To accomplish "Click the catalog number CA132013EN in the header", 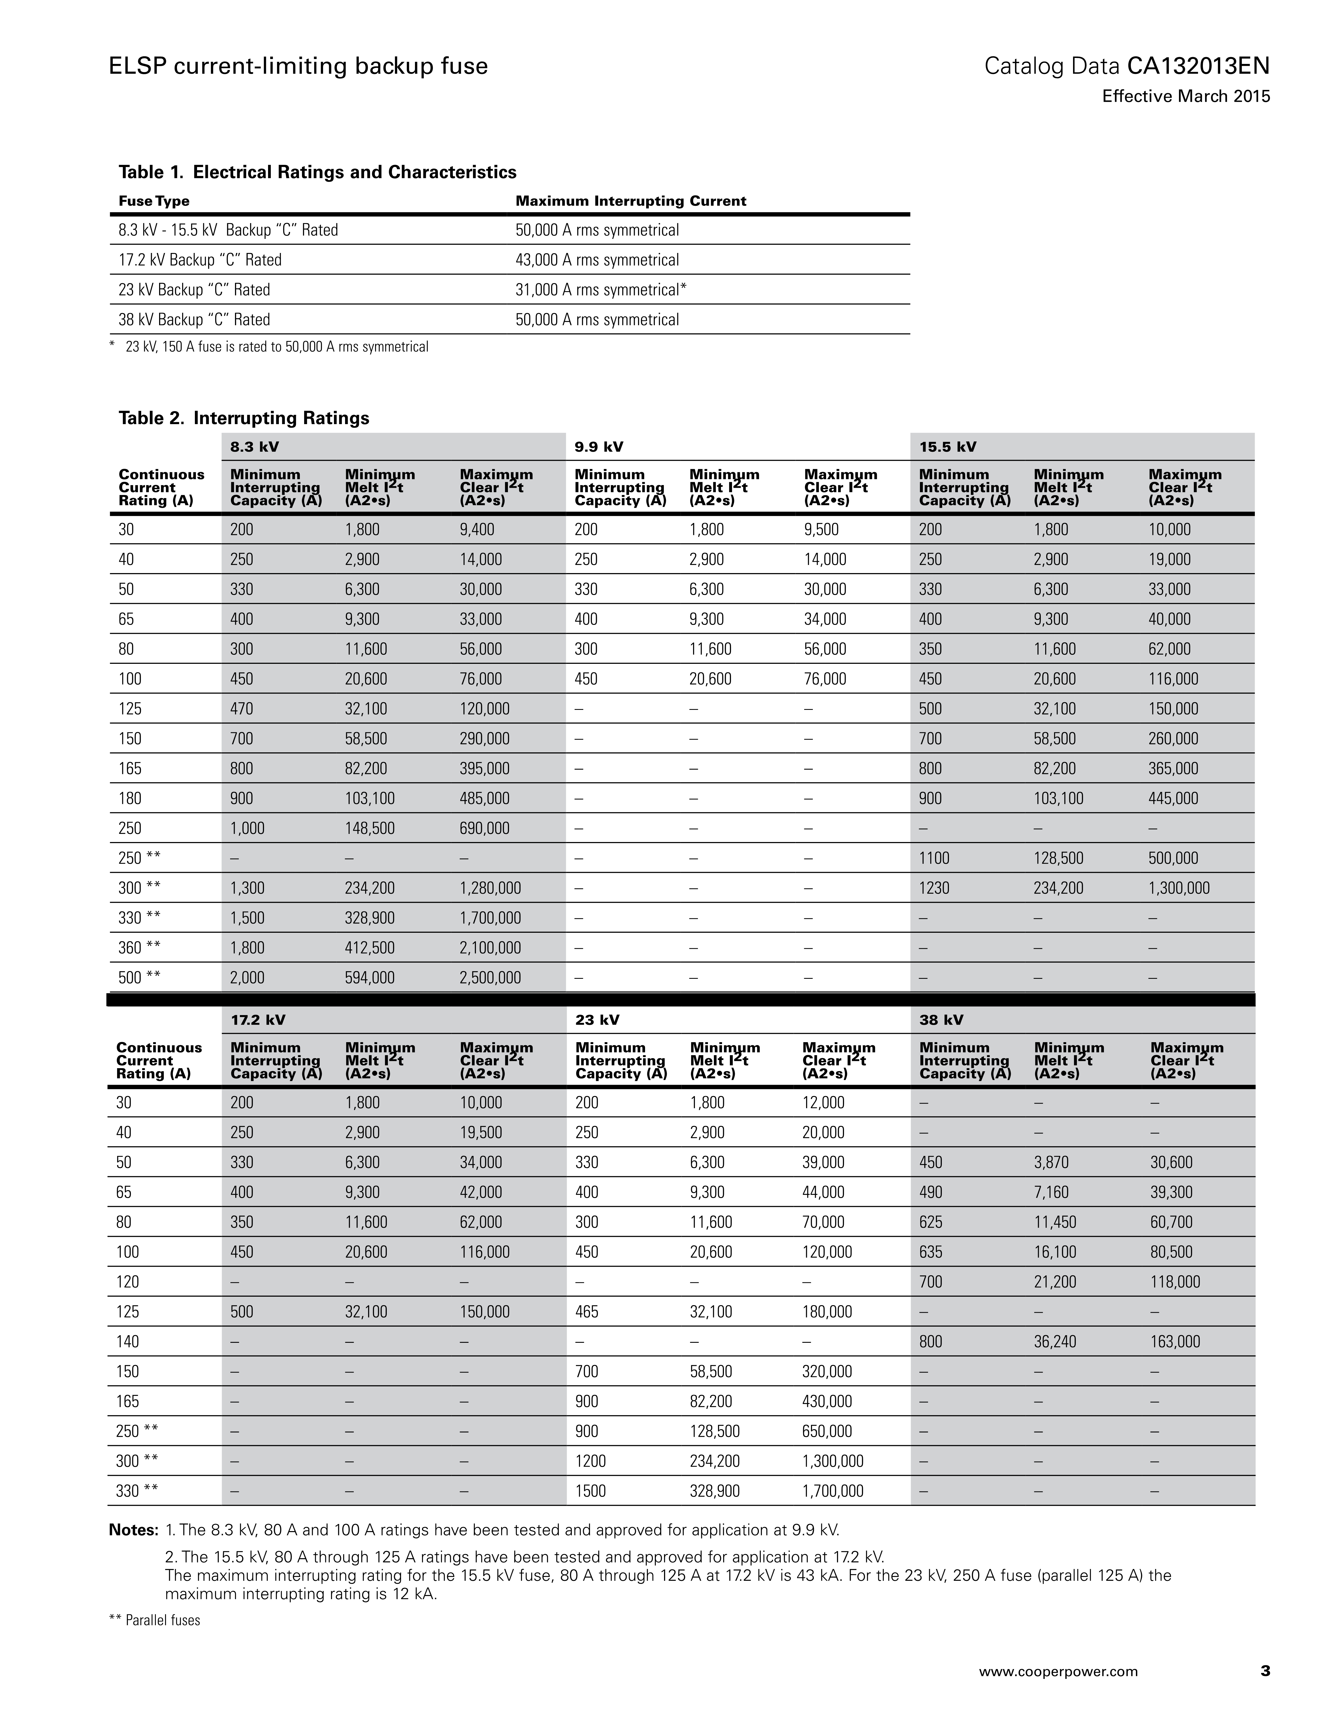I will [1198, 66].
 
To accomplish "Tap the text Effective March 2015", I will [1186, 97].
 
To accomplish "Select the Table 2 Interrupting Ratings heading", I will [244, 418].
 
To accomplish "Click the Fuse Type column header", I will [154, 201].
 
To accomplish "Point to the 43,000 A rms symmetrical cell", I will [597, 260].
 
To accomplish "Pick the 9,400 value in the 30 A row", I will [477, 529].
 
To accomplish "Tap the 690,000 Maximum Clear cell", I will [484, 828].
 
